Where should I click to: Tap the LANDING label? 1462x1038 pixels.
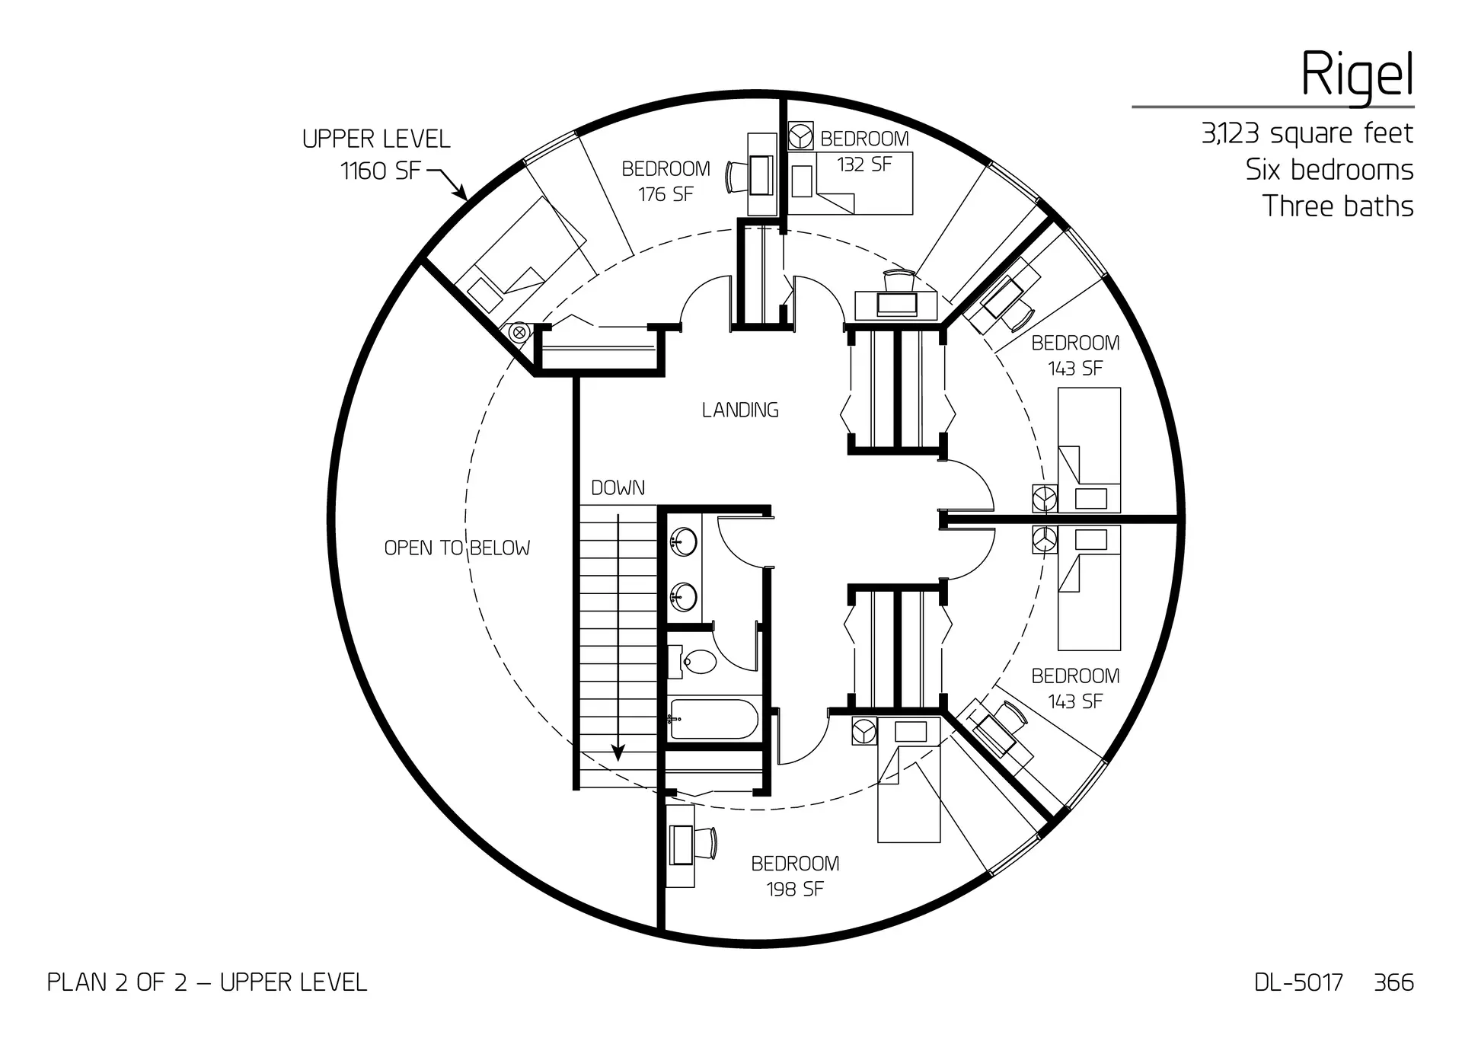tap(740, 410)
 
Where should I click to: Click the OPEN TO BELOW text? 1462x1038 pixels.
tap(457, 548)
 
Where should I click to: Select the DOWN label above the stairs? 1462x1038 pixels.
tap(618, 488)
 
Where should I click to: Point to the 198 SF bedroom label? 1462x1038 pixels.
tap(795, 876)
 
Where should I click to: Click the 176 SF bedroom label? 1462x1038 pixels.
tap(666, 181)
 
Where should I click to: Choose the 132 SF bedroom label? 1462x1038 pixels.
tap(864, 152)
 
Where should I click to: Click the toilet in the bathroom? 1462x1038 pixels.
tap(698, 661)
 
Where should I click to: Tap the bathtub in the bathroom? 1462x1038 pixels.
tap(713, 719)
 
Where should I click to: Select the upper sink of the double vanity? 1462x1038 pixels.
tap(683, 542)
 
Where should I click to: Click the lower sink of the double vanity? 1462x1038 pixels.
tap(683, 596)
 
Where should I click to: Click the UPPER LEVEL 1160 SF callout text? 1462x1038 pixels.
tap(377, 155)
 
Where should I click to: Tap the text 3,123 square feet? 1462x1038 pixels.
tap(1307, 134)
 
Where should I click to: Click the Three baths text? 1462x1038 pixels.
tap(1338, 206)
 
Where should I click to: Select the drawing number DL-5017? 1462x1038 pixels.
tap(1298, 982)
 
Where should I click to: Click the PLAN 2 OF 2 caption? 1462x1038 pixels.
tap(207, 982)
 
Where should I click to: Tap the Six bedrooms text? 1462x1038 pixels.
tap(1330, 170)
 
